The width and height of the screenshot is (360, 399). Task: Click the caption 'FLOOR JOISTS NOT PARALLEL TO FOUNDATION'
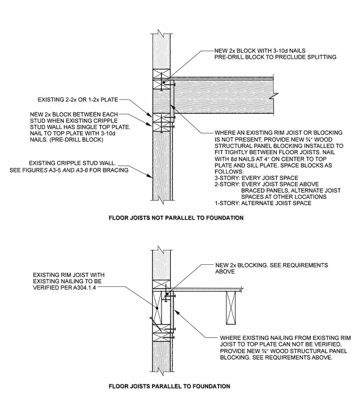coord(176,217)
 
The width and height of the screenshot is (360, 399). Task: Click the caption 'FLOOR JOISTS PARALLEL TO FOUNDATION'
coord(169,386)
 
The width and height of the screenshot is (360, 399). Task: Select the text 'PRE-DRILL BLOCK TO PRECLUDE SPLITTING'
coord(275,57)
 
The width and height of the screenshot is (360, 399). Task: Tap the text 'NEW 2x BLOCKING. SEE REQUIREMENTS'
coord(271,265)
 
